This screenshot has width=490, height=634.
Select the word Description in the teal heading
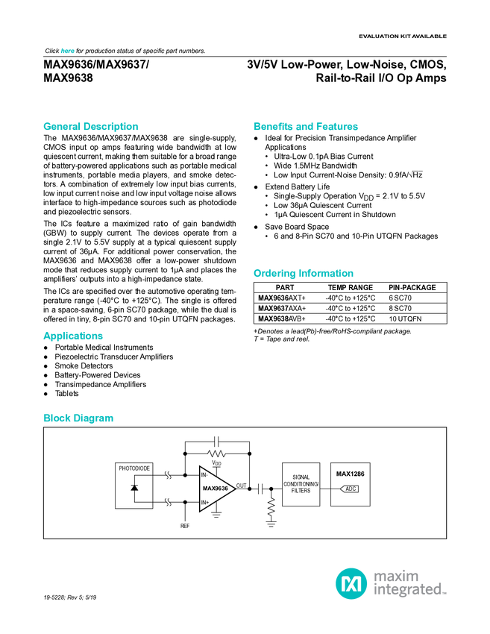coord(111,127)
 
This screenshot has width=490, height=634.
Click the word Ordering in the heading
coord(274,274)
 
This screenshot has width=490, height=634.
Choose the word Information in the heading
coord(327,274)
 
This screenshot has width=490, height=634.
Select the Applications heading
coord(73,336)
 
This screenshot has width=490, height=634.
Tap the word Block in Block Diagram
coord(56,419)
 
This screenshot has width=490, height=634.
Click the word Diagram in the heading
coord(93,419)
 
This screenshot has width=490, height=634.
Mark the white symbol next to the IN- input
coord(169,475)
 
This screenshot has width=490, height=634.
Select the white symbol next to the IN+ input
coord(169,502)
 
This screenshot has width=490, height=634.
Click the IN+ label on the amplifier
coord(205,503)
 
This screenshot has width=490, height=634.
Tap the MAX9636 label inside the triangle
coord(215,489)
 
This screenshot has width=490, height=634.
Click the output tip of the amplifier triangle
coord(233,489)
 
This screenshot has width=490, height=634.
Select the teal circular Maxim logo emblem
coord(351,583)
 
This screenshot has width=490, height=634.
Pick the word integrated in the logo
coord(409,590)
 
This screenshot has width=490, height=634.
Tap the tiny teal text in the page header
coord(67,51)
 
